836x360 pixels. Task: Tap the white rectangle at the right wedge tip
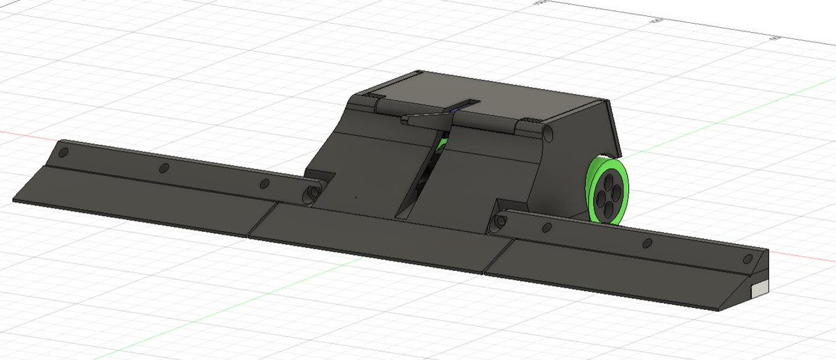(x=759, y=286)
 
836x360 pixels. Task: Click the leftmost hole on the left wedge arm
(x=63, y=152)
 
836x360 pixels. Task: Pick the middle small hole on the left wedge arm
(x=165, y=168)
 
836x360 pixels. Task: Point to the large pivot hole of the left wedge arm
(x=312, y=193)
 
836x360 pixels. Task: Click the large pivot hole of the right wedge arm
(x=499, y=222)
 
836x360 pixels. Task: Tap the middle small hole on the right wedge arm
(x=647, y=242)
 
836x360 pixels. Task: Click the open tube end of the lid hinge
(x=548, y=132)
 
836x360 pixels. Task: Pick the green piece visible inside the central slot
(x=441, y=144)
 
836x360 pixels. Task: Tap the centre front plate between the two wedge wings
(x=369, y=233)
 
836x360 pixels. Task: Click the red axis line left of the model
(x=21, y=133)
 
